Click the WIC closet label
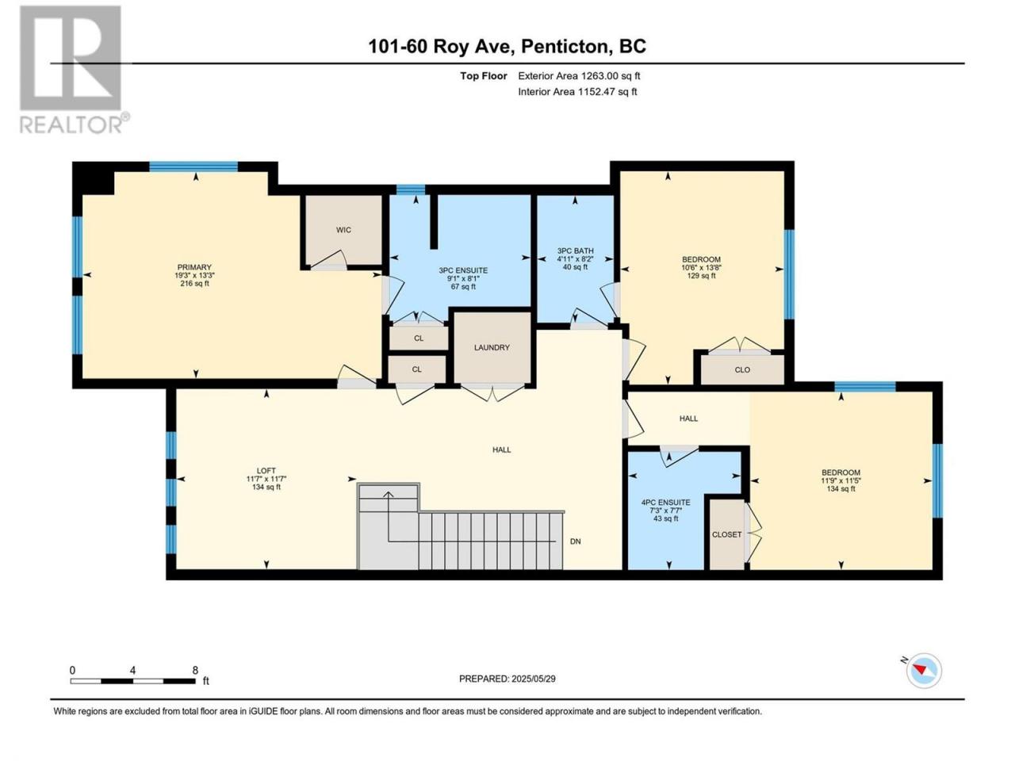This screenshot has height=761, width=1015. pos(343,230)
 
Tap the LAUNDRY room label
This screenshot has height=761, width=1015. pos(492,347)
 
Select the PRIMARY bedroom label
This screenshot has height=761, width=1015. pos(194,267)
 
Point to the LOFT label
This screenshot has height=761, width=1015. pos(266,471)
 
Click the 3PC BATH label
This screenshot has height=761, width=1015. pos(575,251)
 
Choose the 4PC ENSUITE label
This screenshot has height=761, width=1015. pos(665,503)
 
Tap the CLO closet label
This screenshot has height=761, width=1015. pos(742,369)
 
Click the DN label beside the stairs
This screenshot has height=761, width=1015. pos(575,541)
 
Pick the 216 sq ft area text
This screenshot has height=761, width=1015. pos(194,283)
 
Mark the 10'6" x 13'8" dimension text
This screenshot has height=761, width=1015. pos(702,267)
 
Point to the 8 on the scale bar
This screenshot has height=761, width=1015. pos(195,670)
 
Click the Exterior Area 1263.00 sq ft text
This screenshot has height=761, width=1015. pos(579,76)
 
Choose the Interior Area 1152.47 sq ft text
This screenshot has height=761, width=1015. pos(577,91)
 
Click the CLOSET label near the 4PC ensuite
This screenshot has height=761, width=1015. pos(726,534)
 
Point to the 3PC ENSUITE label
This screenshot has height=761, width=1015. pos(463,270)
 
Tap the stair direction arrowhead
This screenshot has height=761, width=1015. pos(388,495)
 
